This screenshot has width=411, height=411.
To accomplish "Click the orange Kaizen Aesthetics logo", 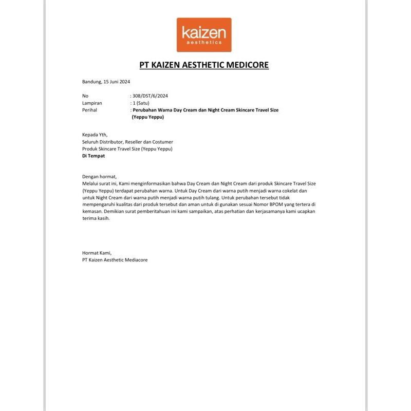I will [204, 35].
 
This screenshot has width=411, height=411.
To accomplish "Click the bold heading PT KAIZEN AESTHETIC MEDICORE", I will [204, 65].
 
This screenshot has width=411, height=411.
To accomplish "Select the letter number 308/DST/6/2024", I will [150, 96].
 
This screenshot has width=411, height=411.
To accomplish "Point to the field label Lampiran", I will [92, 103].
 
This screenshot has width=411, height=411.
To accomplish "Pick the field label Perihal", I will [89, 110].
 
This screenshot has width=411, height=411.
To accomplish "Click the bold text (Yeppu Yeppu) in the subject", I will [147, 117].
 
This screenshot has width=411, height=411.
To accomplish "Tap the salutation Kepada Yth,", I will [95, 135].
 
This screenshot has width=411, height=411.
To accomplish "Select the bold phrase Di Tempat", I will [94, 156].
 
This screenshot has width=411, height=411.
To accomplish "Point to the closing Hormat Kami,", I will [97, 253].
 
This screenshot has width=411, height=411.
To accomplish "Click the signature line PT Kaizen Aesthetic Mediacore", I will [115, 260].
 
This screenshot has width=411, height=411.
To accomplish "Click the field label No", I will [85, 96].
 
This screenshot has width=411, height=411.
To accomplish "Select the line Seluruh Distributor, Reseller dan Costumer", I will [127, 142].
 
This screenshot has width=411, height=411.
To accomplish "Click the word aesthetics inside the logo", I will [203, 43].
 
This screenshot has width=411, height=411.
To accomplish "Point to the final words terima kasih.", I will [96, 218].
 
